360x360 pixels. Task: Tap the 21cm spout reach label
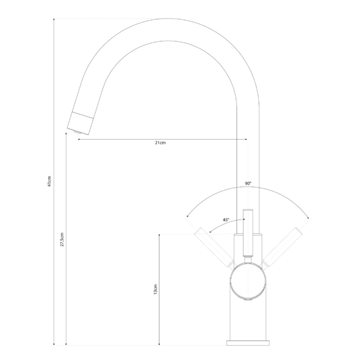160,143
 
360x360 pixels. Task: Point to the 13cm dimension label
155,290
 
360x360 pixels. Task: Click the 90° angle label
248,183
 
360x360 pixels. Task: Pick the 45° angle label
226,220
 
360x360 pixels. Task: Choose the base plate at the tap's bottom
248,342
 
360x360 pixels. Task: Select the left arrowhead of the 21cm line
78,139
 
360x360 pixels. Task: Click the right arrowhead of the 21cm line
245,139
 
